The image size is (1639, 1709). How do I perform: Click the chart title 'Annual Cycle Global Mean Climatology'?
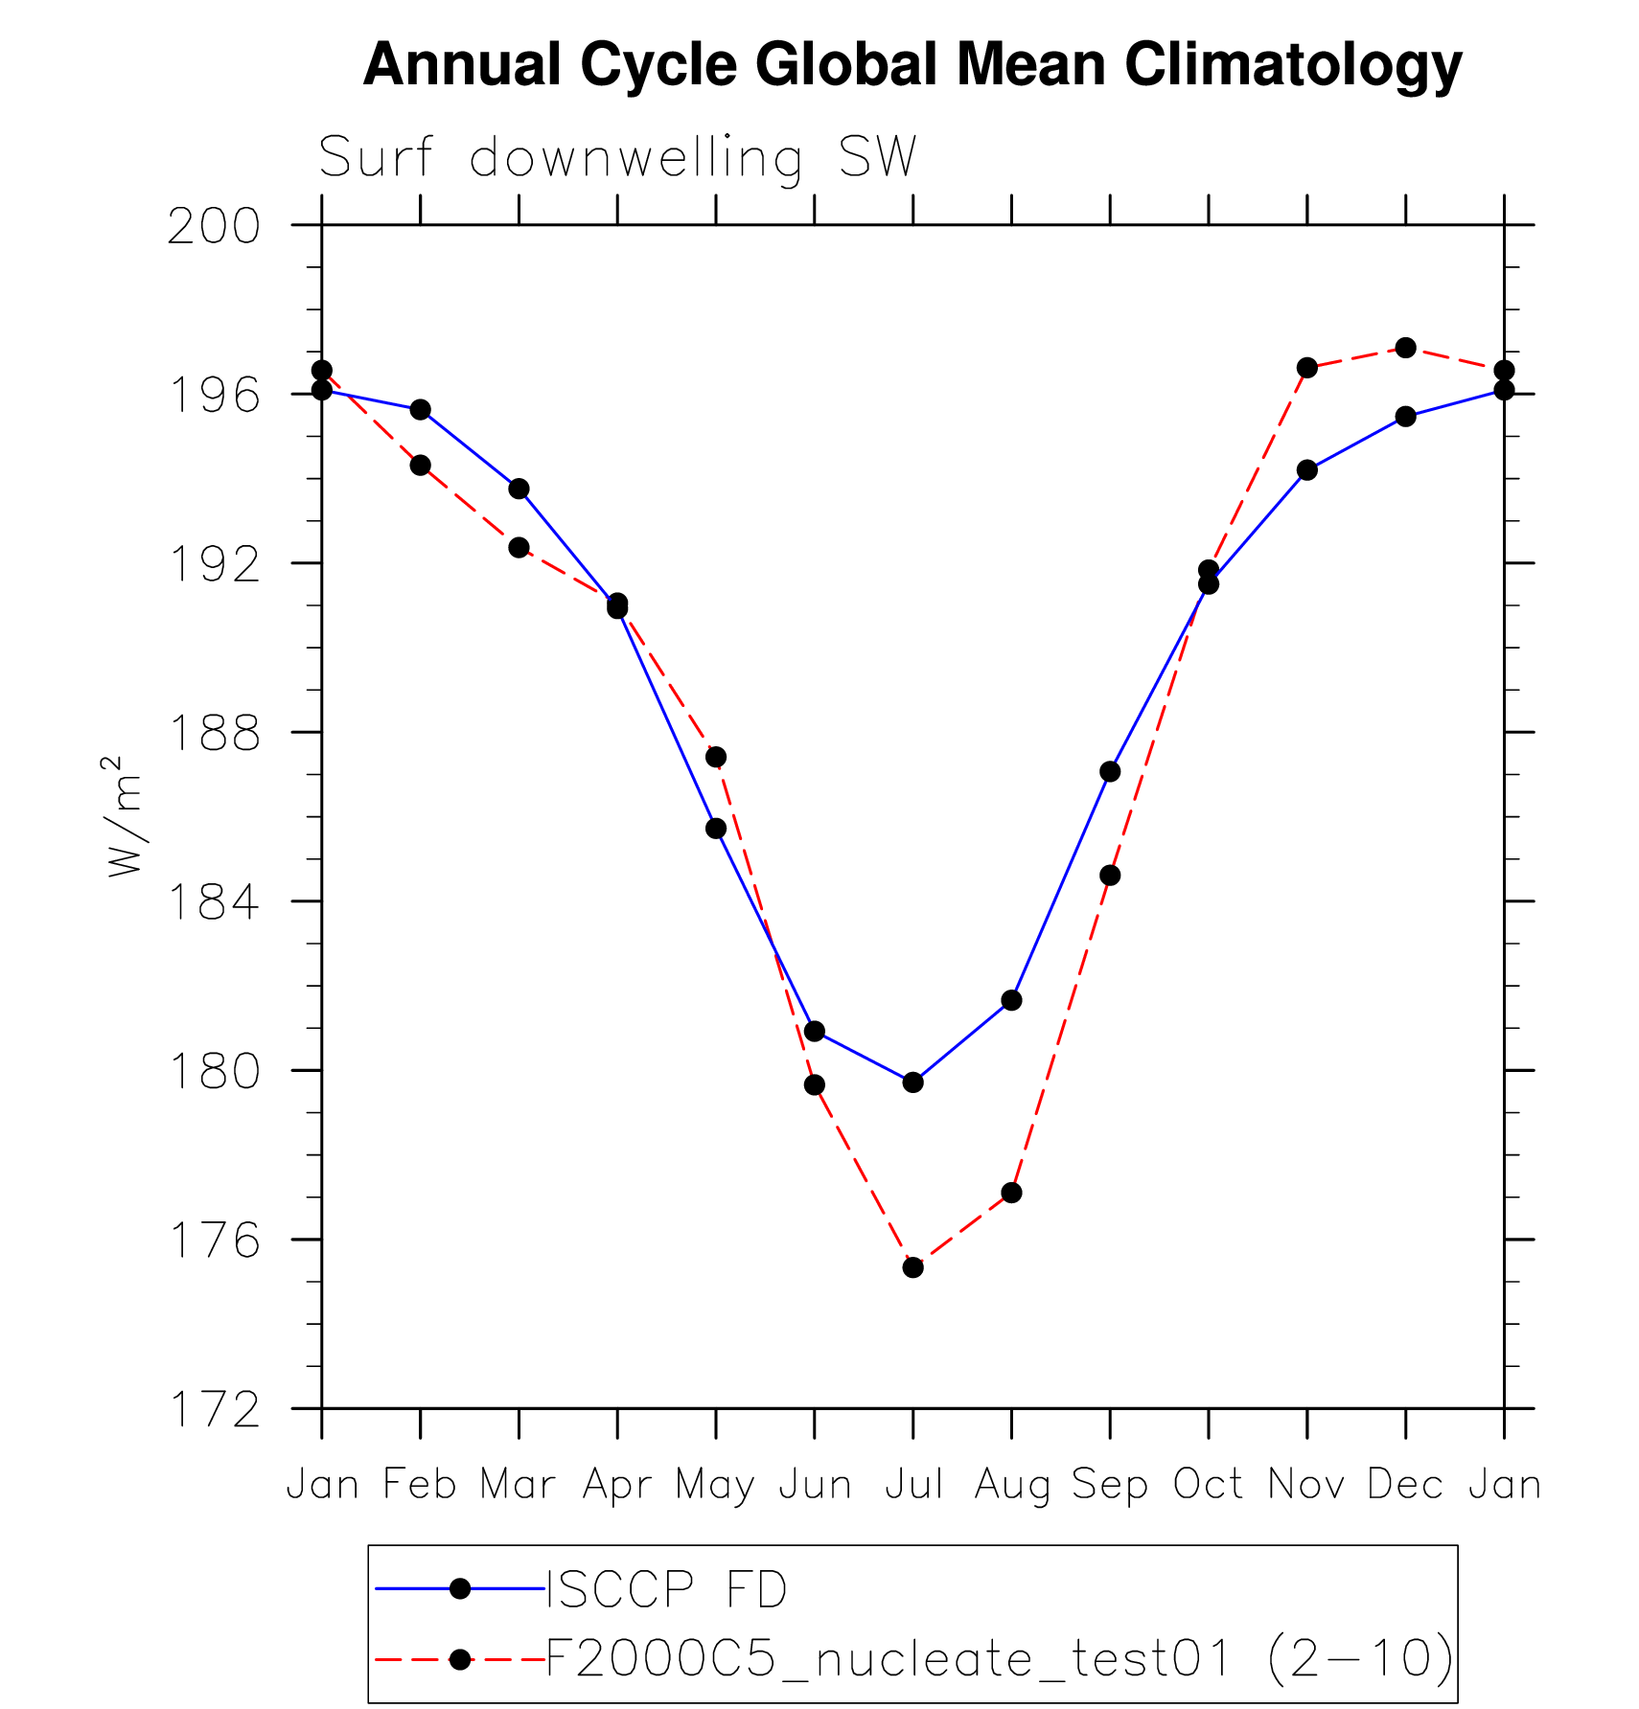[x=912, y=65]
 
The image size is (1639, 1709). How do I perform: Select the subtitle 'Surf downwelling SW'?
[x=617, y=157]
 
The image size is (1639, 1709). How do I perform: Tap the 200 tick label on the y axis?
[x=214, y=227]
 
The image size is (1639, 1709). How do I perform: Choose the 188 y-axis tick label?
[x=214, y=734]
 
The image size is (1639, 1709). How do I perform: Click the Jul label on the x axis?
[x=913, y=1485]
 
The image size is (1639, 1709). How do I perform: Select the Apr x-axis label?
[x=617, y=1485]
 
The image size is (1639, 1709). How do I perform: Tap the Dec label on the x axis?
[x=1405, y=1485]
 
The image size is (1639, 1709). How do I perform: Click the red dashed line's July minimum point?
[x=912, y=1267]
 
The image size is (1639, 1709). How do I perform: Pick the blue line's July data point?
[x=912, y=1082]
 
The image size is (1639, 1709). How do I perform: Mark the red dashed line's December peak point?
[x=1405, y=348]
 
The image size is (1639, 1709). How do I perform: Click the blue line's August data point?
[x=1011, y=1000]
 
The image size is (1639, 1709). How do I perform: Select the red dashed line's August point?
[x=1011, y=1193]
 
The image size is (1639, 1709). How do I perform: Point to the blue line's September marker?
[x=1110, y=771]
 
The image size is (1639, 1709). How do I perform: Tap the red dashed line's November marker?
[x=1306, y=368]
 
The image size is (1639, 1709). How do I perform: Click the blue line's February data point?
[x=420, y=410]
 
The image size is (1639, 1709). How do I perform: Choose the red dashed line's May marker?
[x=716, y=757]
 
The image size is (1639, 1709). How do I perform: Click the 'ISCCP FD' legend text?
[x=666, y=1590]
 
